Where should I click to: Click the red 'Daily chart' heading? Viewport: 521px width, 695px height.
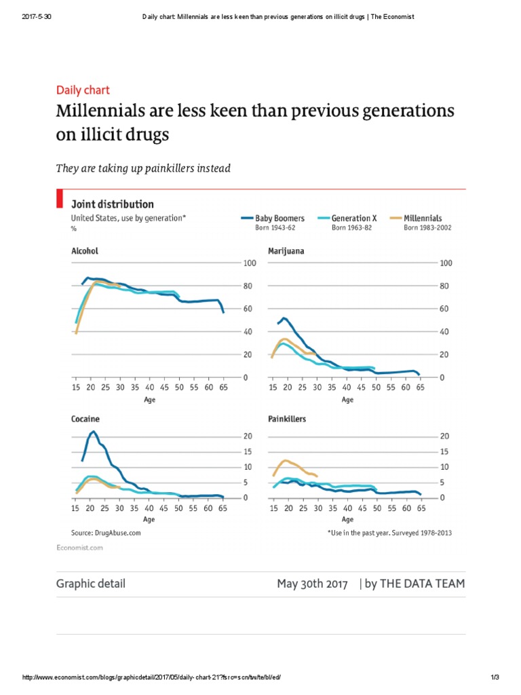[x=82, y=90]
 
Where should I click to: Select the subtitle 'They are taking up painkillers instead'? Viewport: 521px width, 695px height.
[x=142, y=168]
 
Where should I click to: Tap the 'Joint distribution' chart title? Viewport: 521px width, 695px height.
[x=113, y=204]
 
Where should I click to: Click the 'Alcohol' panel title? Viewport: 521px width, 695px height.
[x=85, y=251]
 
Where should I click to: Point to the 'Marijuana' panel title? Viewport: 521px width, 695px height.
[x=286, y=251]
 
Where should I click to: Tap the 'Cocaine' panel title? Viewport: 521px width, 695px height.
[x=85, y=419]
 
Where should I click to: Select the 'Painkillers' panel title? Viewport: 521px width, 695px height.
[x=287, y=419]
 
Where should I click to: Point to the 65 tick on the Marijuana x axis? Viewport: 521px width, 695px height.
[x=421, y=388]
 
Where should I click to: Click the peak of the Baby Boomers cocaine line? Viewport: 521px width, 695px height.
[x=94, y=432]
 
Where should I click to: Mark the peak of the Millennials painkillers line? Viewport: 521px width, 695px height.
[x=286, y=460]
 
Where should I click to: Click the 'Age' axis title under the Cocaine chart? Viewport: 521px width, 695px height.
[x=149, y=520]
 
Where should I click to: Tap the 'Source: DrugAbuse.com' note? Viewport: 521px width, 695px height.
[x=106, y=533]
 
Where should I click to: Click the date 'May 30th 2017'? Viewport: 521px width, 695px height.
[x=312, y=584]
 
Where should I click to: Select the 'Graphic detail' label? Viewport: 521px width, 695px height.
[x=90, y=584]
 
